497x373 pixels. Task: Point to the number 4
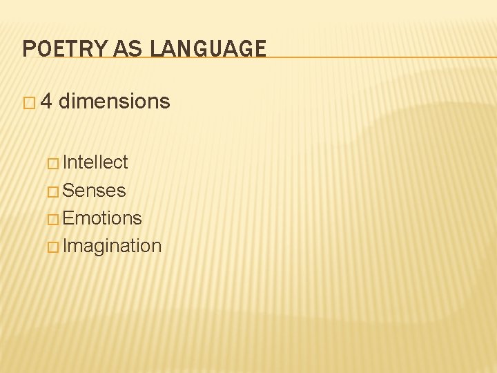point(46,102)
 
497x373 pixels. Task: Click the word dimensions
point(115,102)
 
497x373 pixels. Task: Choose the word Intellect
point(95,162)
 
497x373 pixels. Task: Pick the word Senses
point(94,190)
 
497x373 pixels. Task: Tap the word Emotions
point(102,218)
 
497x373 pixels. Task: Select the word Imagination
point(112,246)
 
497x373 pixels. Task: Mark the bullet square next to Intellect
point(53,164)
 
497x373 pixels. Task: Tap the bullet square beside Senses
point(53,191)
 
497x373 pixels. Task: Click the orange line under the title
point(380,57)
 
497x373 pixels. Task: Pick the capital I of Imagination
point(65,246)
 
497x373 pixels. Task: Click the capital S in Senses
point(68,190)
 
